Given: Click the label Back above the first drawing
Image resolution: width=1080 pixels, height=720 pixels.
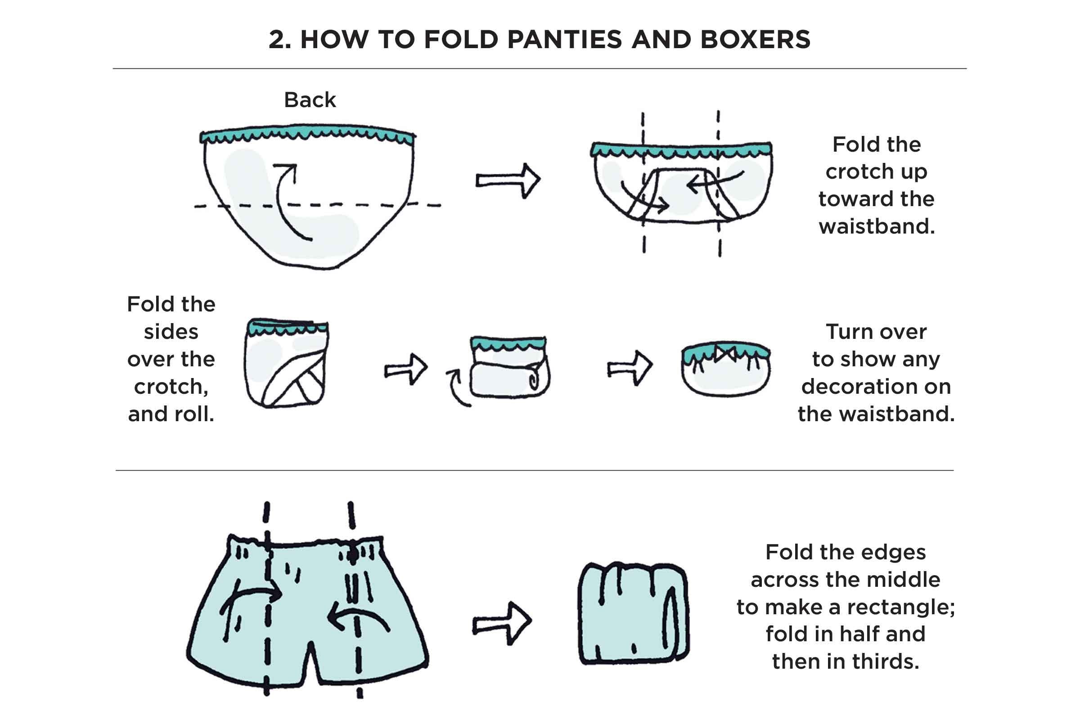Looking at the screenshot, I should click(310, 100).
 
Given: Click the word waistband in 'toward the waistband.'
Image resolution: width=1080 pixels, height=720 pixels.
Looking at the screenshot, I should click(876, 226).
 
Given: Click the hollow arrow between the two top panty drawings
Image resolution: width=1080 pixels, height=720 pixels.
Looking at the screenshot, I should click(508, 180).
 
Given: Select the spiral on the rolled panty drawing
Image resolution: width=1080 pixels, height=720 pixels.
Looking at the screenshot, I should click(535, 379).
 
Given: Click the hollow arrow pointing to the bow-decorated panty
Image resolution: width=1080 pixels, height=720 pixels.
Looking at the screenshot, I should click(630, 368).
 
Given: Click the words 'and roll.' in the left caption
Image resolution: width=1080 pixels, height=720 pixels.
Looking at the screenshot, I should click(171, 414).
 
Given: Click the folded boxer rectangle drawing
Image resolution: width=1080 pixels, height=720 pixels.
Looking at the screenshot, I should click(633, 613).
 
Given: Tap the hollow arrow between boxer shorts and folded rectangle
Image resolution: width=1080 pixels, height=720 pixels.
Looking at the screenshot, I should click(502, 624).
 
